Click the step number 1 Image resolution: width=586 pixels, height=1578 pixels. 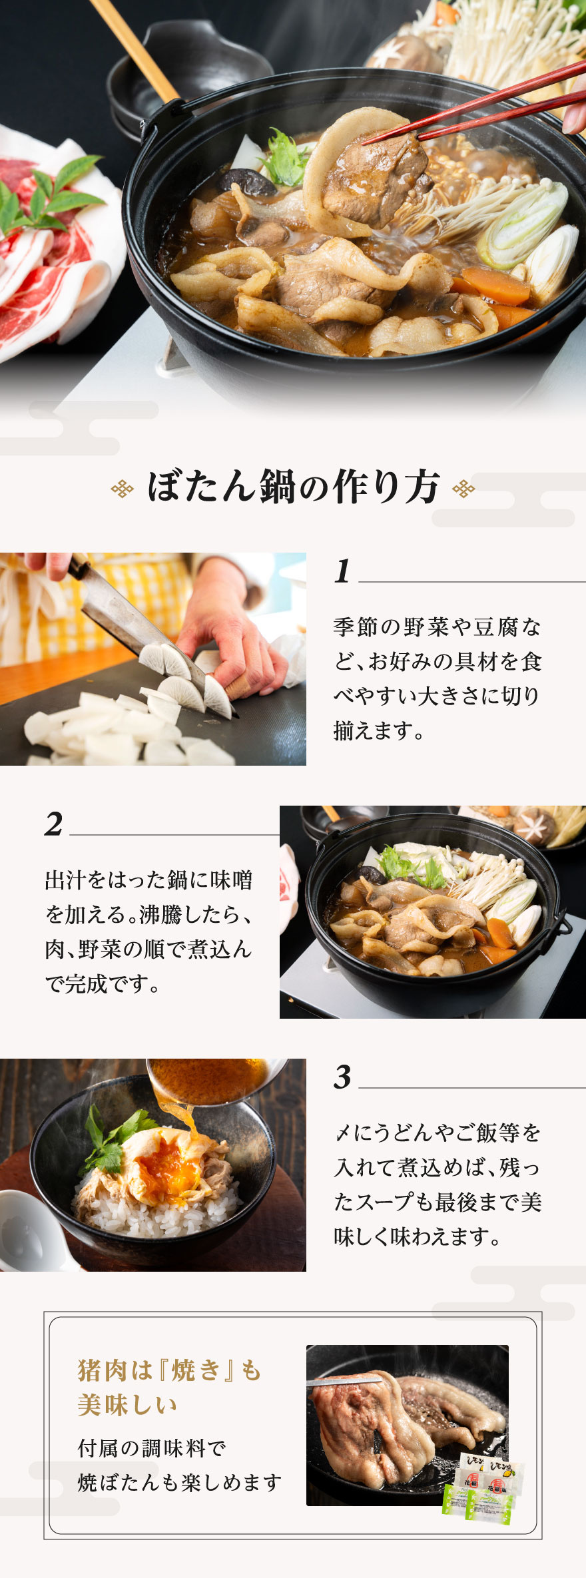pyautogui.click(x=342, y=571)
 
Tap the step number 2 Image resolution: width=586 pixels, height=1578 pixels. pyautogui.click(x=54, y=824)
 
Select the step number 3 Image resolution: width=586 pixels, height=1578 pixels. pyautogui.click(x=342, y=1077)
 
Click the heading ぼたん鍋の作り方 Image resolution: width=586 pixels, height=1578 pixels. pyautogui.click(x=293, y=487)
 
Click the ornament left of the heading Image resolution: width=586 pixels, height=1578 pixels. pyautogui.click(x=122, y=489)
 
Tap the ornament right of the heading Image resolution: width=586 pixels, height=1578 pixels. pyautogui.click(x=463, y=489)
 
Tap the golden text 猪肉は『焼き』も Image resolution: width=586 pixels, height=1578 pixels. pyautogui.click(x=170, y=1370)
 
